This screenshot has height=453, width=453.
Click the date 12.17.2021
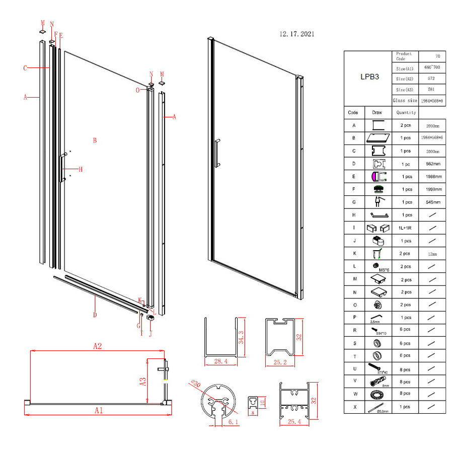297,34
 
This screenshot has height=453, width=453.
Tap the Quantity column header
406,113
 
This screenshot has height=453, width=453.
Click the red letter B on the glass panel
94,140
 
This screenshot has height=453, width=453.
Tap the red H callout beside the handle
80,169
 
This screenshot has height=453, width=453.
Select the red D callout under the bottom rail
95,315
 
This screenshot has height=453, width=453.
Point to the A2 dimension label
97,346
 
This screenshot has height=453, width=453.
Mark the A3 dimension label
143,381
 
